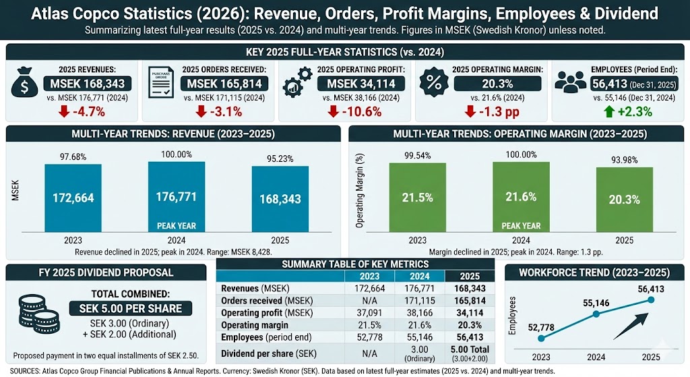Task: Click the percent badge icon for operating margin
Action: (x=433, y=84)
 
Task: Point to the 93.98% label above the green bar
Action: (x=624, y=157)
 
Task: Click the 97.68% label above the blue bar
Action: (x=73, y=156)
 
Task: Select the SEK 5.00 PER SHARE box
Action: (x=129, y=308)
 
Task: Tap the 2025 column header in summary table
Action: (x=469, y=276)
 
